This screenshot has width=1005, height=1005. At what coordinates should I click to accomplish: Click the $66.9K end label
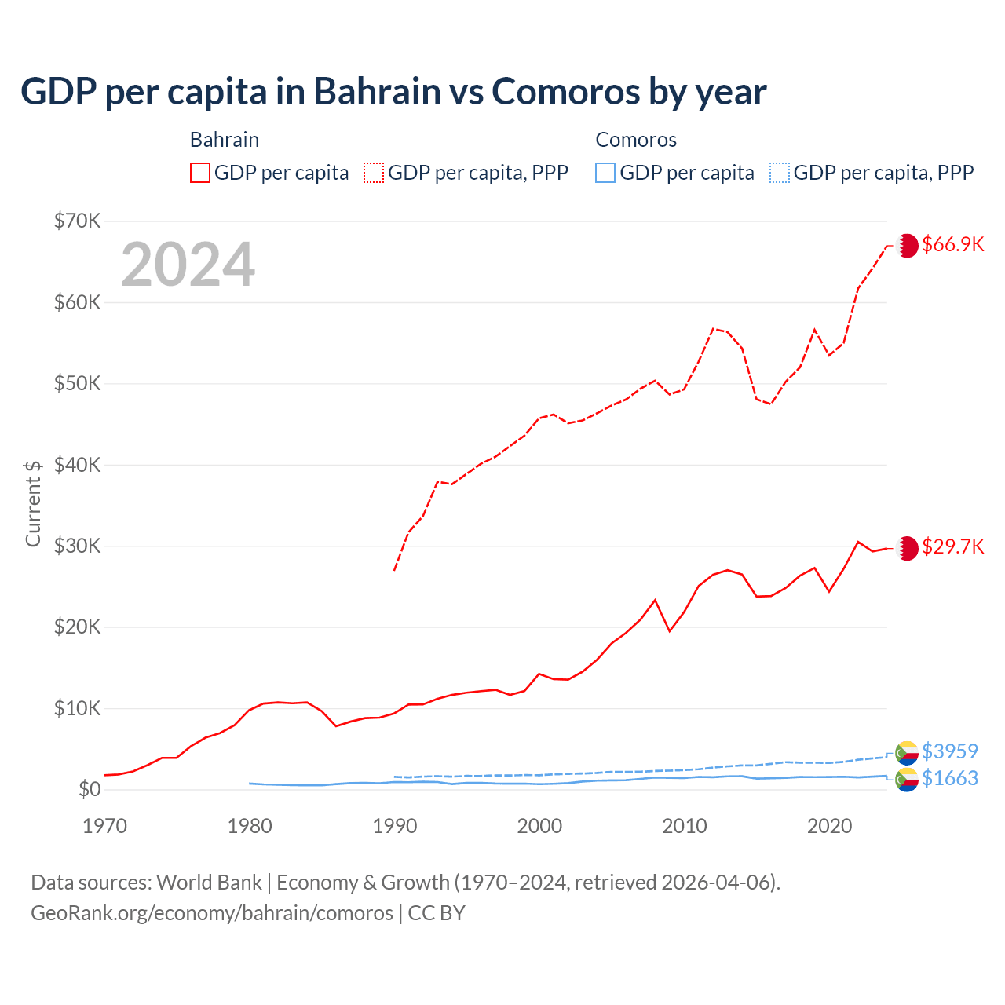click(952, 244)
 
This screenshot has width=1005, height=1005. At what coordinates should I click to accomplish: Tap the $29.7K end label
click(952, 546)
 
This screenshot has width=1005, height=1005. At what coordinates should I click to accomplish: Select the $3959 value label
click(950, 751)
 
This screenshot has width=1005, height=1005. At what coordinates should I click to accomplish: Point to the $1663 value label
click(950, 778)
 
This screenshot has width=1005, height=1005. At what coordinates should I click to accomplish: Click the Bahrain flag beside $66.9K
click(907, 245)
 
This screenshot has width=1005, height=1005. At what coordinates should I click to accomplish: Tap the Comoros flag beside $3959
click(907, 752)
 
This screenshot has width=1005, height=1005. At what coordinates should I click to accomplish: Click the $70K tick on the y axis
click(77, 221)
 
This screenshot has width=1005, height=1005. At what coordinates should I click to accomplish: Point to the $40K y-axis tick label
click(77, 465)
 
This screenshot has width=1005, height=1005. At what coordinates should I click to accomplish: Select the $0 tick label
click(89, 789)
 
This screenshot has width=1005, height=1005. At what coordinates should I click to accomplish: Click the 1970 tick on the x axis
click(104, 826)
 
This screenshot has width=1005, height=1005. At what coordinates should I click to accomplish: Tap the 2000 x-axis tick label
click(539, 826)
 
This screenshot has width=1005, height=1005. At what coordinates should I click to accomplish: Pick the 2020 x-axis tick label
click(829, 826)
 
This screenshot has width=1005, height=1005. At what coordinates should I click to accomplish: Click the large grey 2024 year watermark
click(188, 265)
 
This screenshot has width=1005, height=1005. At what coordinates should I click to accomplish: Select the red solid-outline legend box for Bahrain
click(200, 173)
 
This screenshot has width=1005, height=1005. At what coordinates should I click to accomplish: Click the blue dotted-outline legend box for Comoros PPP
click(780, 173)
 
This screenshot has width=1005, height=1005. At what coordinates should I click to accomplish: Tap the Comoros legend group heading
click(636, 140)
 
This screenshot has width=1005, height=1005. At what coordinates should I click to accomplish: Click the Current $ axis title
click(33, 503)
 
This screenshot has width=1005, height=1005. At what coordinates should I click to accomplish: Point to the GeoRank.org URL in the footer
click(212, 913)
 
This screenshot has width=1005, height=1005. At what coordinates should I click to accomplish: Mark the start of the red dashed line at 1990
click(394, 570)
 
